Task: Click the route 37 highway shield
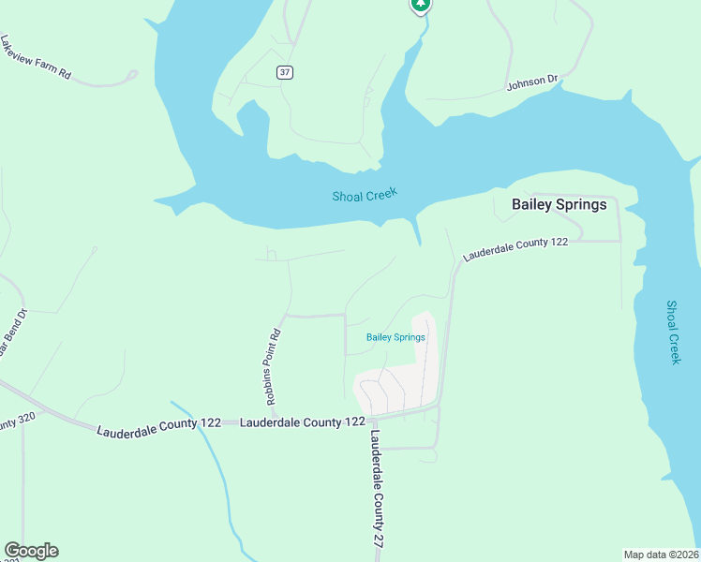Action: (x=285, y=72)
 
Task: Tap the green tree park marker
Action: (x=421, y=6)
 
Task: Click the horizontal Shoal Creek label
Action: (x=365, y=195)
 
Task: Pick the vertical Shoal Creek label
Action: (x=673, y=332)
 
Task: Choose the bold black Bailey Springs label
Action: (x=559, y=204)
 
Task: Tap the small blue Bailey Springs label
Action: (x=395, y=337)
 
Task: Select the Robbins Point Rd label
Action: (x=273, y=366)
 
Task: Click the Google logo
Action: (x=31, y=551)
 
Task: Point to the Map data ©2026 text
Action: (x=661, y=555)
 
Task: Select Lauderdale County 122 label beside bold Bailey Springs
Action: (x=515, y=248)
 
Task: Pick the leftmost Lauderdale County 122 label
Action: (x=159, y=424)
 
